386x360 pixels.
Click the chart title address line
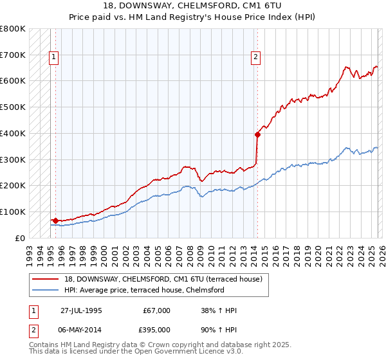[192, 6]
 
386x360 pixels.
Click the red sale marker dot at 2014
[257, 134]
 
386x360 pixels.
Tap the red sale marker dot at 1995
[55, 221]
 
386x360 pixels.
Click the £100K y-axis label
[13, 212]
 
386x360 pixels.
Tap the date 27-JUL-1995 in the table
[81, 310]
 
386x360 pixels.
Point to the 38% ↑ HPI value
[219, 310]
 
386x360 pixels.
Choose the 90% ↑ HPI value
[219, 329]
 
